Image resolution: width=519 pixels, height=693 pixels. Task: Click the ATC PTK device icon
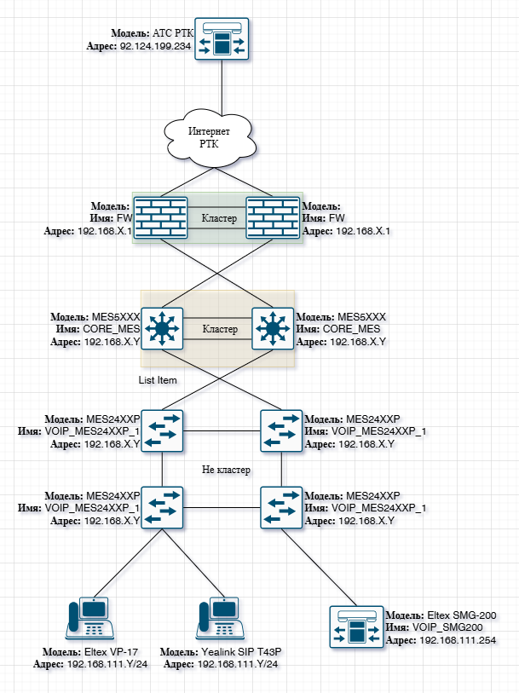coord(222,40)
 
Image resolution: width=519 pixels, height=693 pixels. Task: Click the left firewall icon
coord(162,218)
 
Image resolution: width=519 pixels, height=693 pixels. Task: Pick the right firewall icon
coord(273,218)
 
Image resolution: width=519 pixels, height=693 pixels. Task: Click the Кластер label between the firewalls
coord(219,218)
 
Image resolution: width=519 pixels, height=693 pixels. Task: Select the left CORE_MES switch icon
coord(162,328)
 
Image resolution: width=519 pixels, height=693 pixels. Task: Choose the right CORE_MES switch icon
coord(273,328)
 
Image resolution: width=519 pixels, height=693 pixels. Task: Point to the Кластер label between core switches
coord(219,328)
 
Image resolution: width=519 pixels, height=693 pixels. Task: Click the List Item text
coord(158,380)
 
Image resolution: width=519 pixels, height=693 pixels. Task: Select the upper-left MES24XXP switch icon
coord(162,431)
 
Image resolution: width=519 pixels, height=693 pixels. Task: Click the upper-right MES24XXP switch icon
coord(281,431)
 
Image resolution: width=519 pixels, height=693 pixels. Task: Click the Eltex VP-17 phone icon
coord(89,618)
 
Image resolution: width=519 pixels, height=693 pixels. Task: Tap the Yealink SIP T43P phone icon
coord(216,618)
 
